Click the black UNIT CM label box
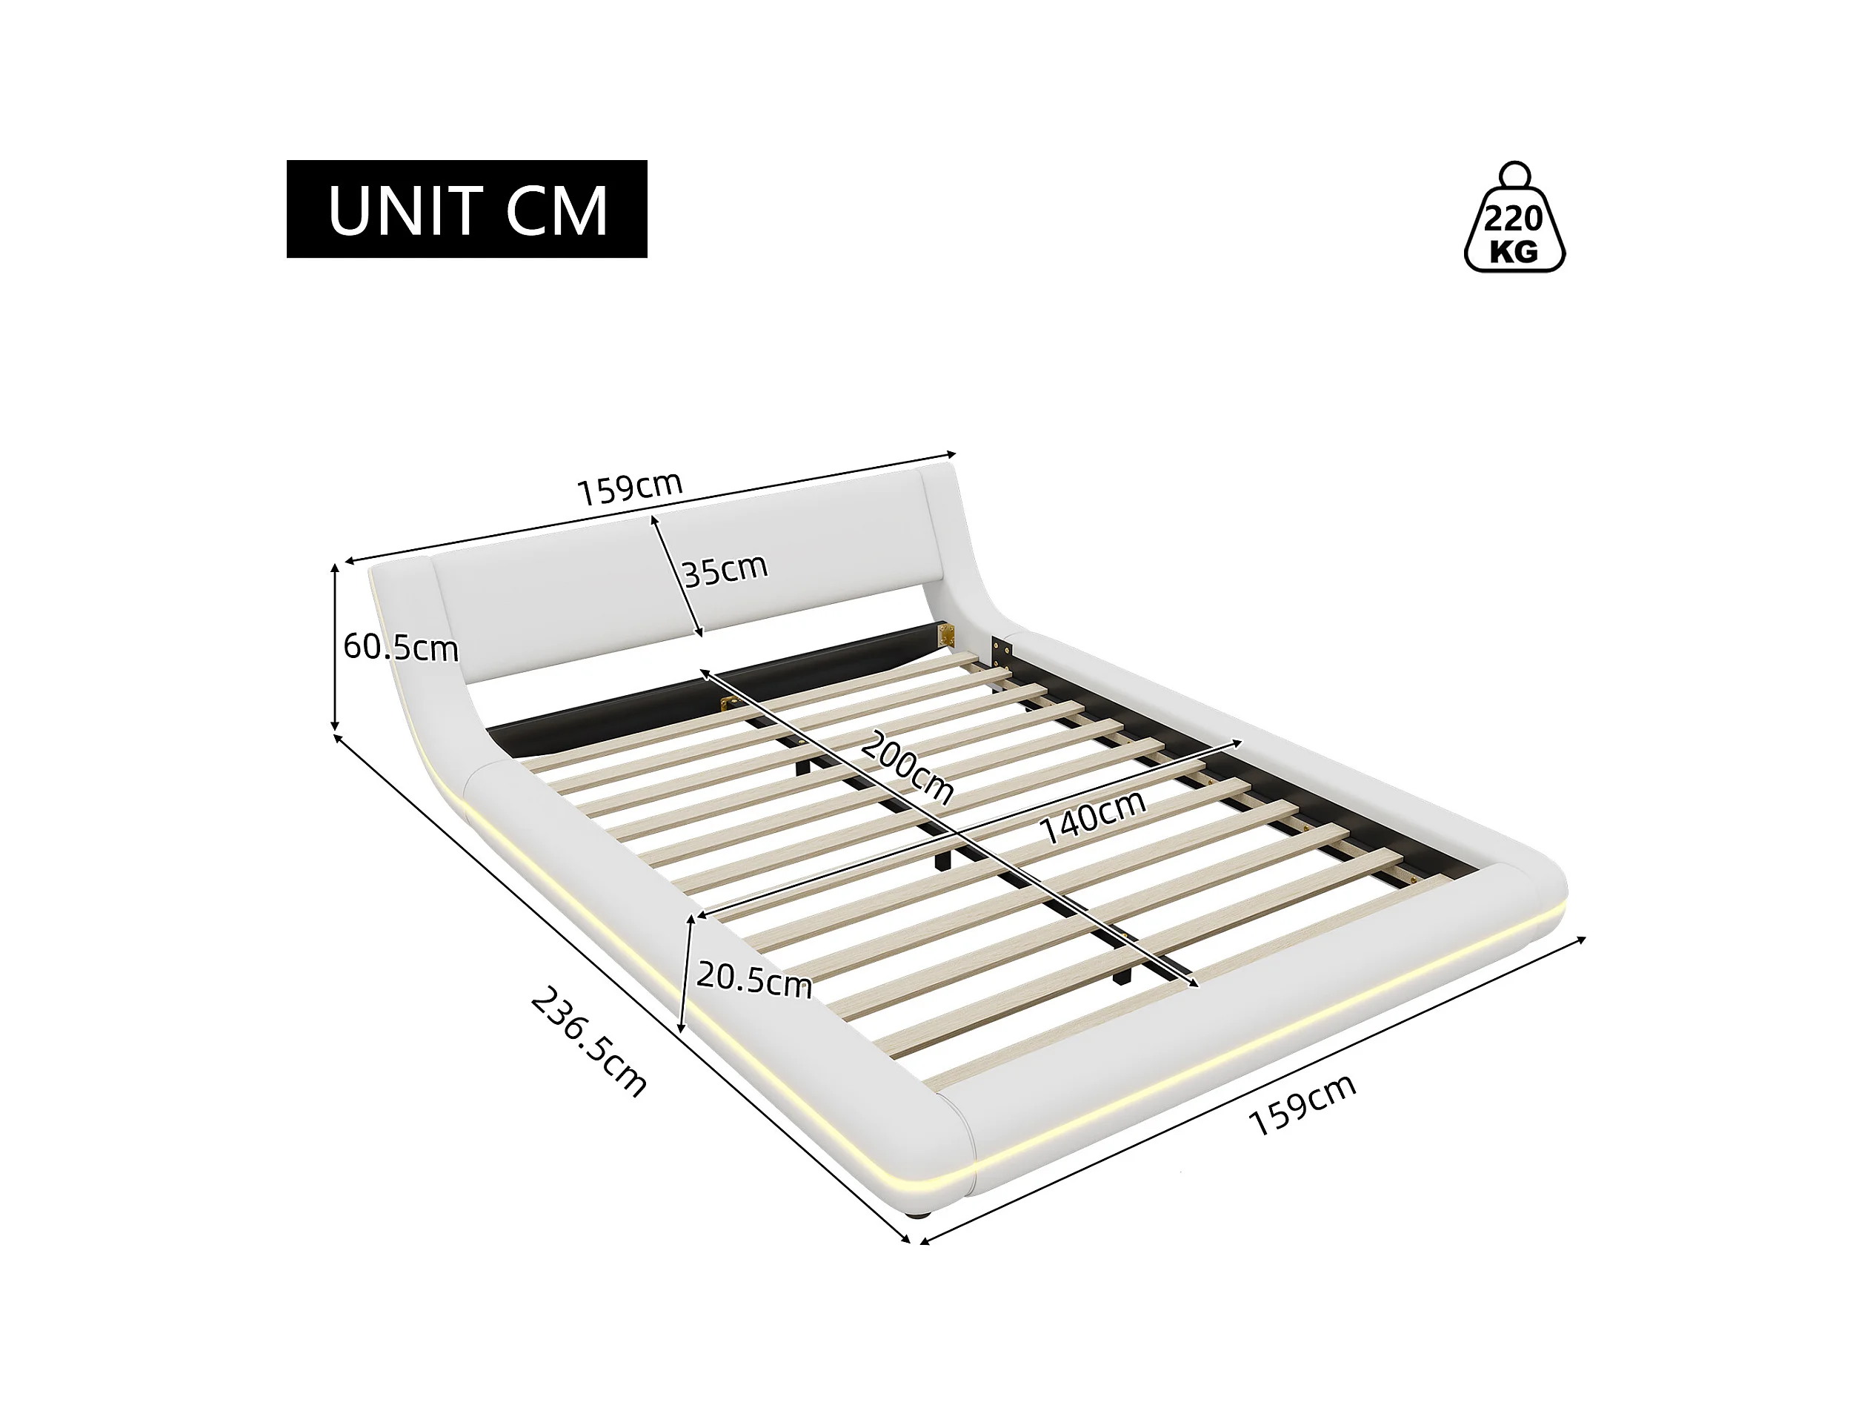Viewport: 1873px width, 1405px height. [x=467, y=208]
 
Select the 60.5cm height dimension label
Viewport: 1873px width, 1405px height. [x=399, y=648]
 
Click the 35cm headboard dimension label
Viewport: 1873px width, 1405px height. [x=725, y=569]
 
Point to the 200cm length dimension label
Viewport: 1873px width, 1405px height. [x=907, y=767]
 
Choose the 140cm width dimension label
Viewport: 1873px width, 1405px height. [x=1092, y=817]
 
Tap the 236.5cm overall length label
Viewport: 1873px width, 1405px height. [x=589, y=1042]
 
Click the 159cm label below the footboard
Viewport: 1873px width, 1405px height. [x=1303, y=1104]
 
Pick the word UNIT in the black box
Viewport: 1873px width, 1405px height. [x=402, y=210]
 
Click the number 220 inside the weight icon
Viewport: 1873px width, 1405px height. [x=1513, y=219]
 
